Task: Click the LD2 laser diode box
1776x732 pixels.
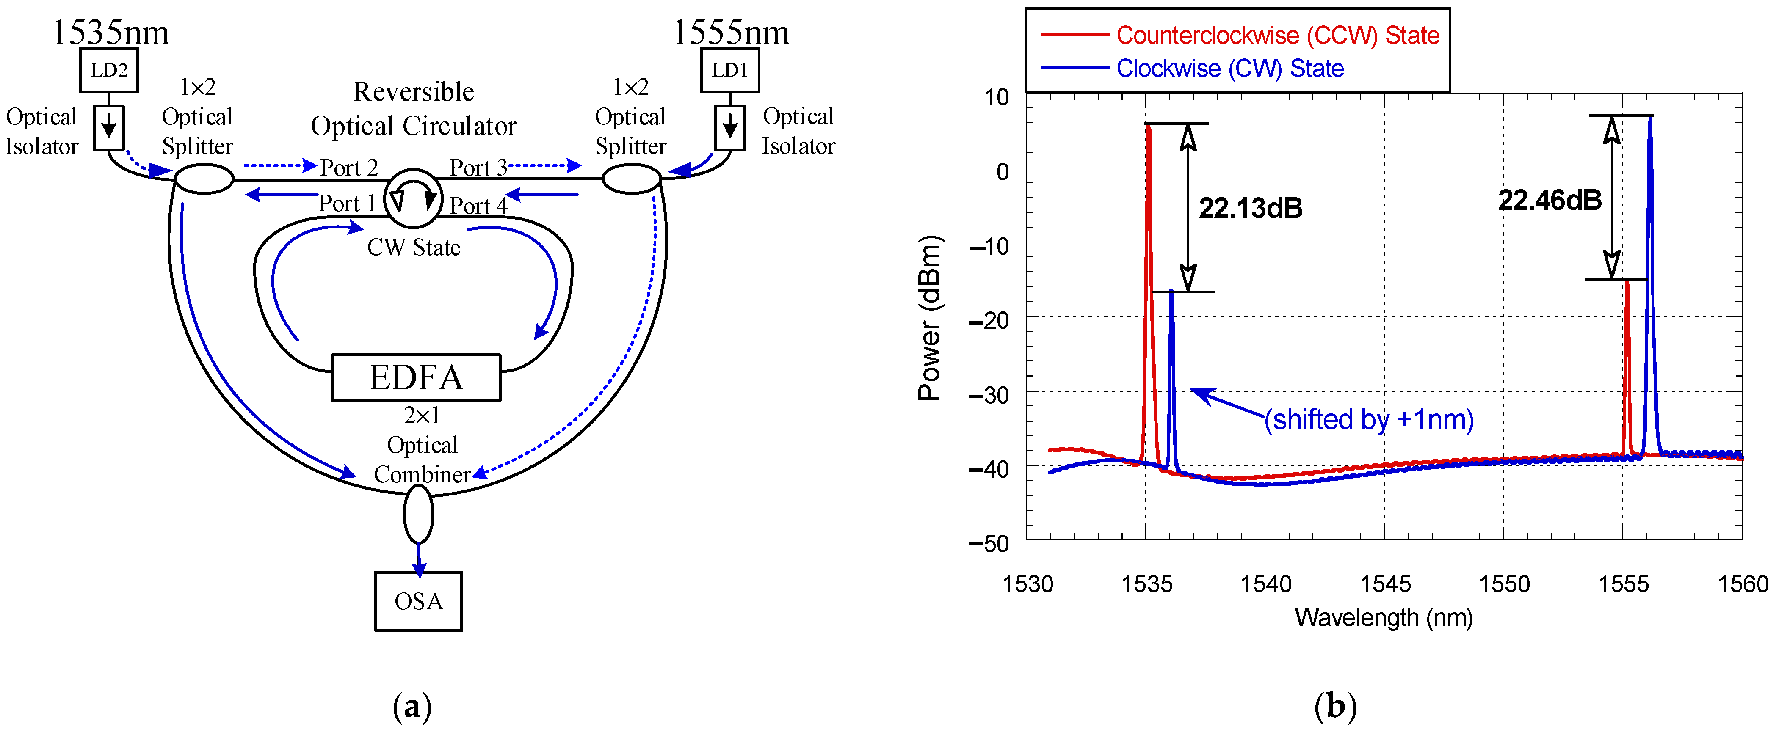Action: [109, 70]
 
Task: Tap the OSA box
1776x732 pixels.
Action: [418, 601]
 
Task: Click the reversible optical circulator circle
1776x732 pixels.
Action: [412, 198]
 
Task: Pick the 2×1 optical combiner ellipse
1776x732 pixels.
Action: [418, 514]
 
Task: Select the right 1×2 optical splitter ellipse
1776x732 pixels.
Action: [632, 179]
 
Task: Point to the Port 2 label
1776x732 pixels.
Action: [349, 168]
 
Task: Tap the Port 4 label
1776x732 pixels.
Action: [478, 205]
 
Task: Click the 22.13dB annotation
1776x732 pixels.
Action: [1250, 208]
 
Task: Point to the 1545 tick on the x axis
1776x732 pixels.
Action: [1384, 584]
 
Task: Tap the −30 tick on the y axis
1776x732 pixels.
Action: [989, 395]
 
